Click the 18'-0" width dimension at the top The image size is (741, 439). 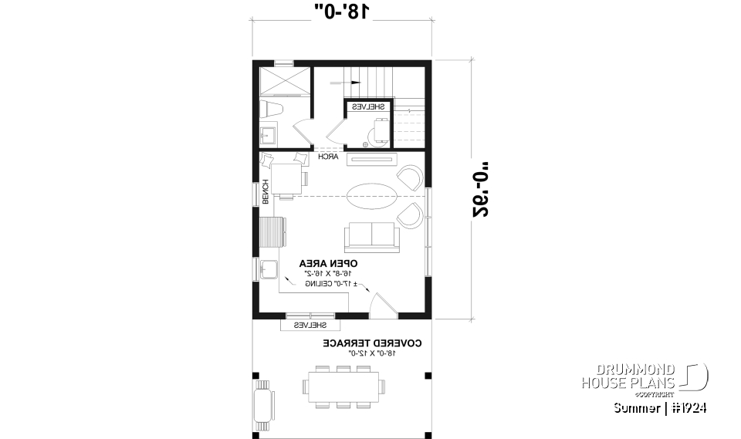(342, 11)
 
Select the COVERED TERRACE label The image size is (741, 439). (371, 342)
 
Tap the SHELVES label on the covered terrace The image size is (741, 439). (308, 326)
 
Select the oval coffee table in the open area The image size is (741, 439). (371, 196)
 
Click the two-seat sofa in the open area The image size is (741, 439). (371, 235)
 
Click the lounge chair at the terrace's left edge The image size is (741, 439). (264, 404)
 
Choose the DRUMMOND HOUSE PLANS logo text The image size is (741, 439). (629, 376)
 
